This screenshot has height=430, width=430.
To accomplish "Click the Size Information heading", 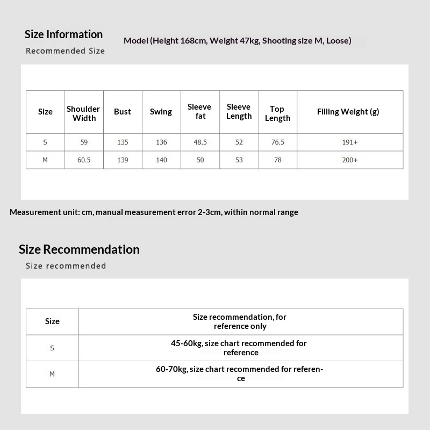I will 63,34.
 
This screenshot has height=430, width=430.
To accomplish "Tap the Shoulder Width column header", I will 83,113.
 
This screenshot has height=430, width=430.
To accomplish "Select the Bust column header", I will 123,112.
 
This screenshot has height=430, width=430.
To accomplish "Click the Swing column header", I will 161,112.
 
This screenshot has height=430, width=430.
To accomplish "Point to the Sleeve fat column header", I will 199,111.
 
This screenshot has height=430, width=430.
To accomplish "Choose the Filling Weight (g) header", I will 348,112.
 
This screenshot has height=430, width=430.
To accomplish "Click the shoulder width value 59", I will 83,142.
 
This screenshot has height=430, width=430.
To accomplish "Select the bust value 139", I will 123,160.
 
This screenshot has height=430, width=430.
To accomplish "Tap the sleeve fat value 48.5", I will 200,142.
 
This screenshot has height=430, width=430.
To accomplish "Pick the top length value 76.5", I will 278,142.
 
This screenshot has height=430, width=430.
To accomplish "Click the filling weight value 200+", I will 350,160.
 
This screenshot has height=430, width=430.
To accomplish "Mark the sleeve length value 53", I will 239,160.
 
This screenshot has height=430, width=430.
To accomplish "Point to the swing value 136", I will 161,142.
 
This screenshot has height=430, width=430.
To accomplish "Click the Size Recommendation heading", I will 79,249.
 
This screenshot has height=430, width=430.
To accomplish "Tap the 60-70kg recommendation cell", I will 240,374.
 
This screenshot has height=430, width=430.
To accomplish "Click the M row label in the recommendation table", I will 52,374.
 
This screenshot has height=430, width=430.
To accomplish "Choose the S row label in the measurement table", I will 45,142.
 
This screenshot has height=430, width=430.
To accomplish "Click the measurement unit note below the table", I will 154,212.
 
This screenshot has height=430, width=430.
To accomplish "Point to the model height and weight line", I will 237,41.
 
